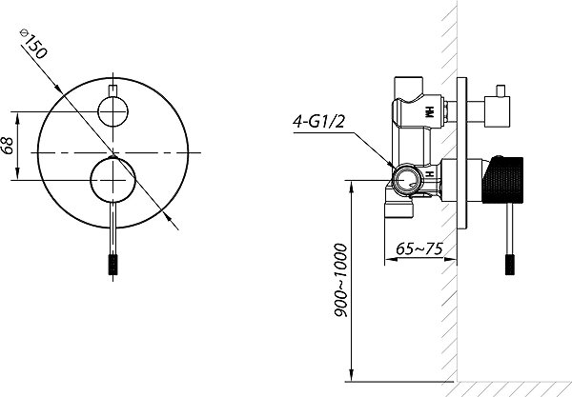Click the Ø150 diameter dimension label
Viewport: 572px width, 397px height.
click(33, 44)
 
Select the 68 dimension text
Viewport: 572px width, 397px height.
click(8, 146)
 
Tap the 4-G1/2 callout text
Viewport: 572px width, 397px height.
click(318, 122)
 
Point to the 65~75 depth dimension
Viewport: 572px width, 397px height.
click(419, 248)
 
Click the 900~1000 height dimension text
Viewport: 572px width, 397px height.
click(340, 281)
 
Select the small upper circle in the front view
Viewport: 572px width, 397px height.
click(113, 111)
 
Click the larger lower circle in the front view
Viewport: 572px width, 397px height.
click(113, 180)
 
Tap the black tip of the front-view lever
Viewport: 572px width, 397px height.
click(113, 264)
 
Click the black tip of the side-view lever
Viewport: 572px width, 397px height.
click(510, 265)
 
